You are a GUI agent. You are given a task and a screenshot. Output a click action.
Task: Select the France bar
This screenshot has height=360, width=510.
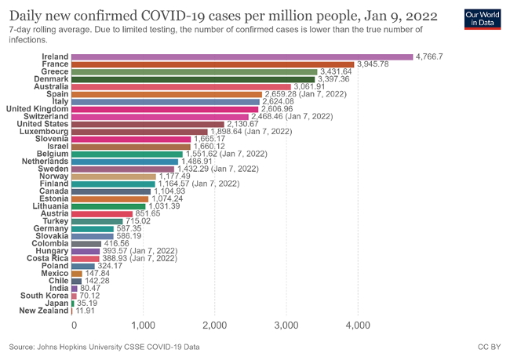212,64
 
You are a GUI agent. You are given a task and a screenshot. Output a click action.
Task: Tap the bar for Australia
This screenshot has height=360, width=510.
180,86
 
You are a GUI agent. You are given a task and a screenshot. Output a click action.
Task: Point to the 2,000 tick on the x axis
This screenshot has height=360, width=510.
215,324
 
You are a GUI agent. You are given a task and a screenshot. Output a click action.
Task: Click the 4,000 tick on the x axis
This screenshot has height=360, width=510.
358,324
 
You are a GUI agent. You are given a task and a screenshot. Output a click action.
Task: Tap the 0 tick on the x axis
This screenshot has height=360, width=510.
74,324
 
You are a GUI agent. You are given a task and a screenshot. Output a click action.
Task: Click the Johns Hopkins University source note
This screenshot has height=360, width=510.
104,346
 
